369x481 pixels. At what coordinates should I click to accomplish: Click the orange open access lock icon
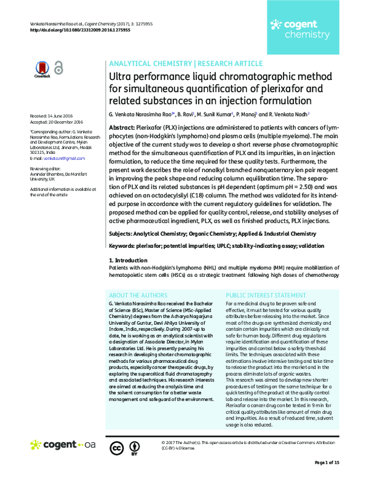pos(58,68)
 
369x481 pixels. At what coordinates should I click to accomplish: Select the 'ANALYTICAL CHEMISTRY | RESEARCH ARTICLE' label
pos(185,63)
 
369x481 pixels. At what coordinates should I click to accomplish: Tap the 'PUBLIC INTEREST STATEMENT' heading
pos(267,295)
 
